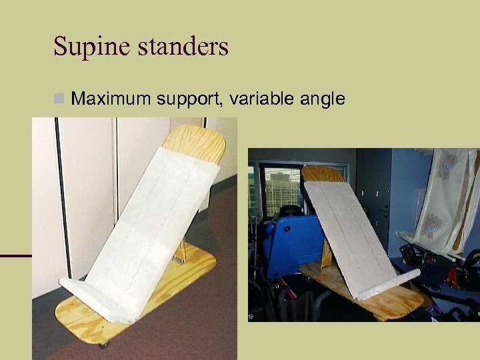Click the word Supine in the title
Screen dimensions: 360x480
coord(85,47)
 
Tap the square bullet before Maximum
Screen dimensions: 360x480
coord(59,99)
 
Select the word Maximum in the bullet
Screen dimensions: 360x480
coord(111,99)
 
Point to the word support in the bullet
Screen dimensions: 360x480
coord(190,100)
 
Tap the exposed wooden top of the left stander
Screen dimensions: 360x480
coord(195,142)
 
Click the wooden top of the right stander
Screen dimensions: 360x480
coord(323,175)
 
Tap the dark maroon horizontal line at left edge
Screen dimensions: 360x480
coord(15,255)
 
